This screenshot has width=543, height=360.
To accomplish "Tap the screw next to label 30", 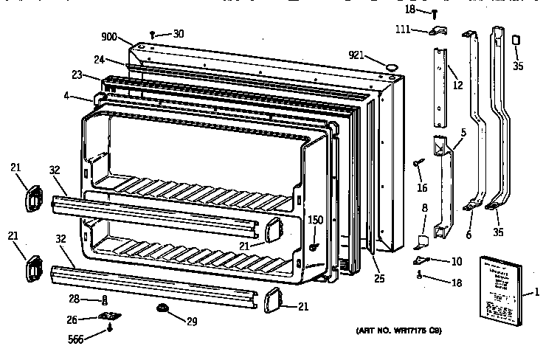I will coord(152,34).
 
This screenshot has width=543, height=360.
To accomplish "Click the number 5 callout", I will coord(463,134).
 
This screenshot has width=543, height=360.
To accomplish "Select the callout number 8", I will coord(424,210).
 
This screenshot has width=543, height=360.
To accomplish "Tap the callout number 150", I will coord(316,219).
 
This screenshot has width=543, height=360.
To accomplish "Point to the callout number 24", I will coord(98,61).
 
